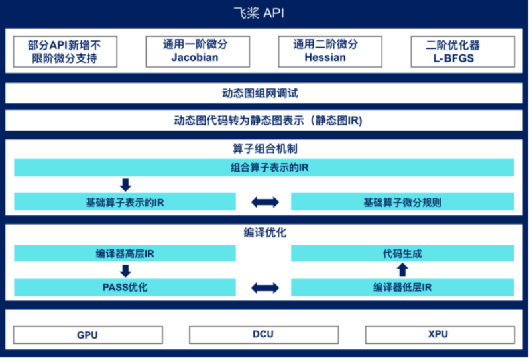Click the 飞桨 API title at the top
tap(264, 13)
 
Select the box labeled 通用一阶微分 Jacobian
tap(198, 52)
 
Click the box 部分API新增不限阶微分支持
tap(65, 52)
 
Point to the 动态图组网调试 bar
tap(264, 94)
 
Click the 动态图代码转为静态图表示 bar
tap(264, 121)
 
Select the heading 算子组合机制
tap(264, 149)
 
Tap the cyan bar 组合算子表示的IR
tap(264, 168)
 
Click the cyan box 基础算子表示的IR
tap(125, 202)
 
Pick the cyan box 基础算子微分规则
tap(402, 202)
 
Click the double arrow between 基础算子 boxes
tap(264, 202)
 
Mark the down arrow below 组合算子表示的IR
tap(125, 184)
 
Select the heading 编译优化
tap(264, 233)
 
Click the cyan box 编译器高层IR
tap(125, 253)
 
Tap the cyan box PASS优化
tap(125, 288)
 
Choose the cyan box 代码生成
tap(402, 253)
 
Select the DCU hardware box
tap(264, 335)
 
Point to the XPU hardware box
tap(438, 335)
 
